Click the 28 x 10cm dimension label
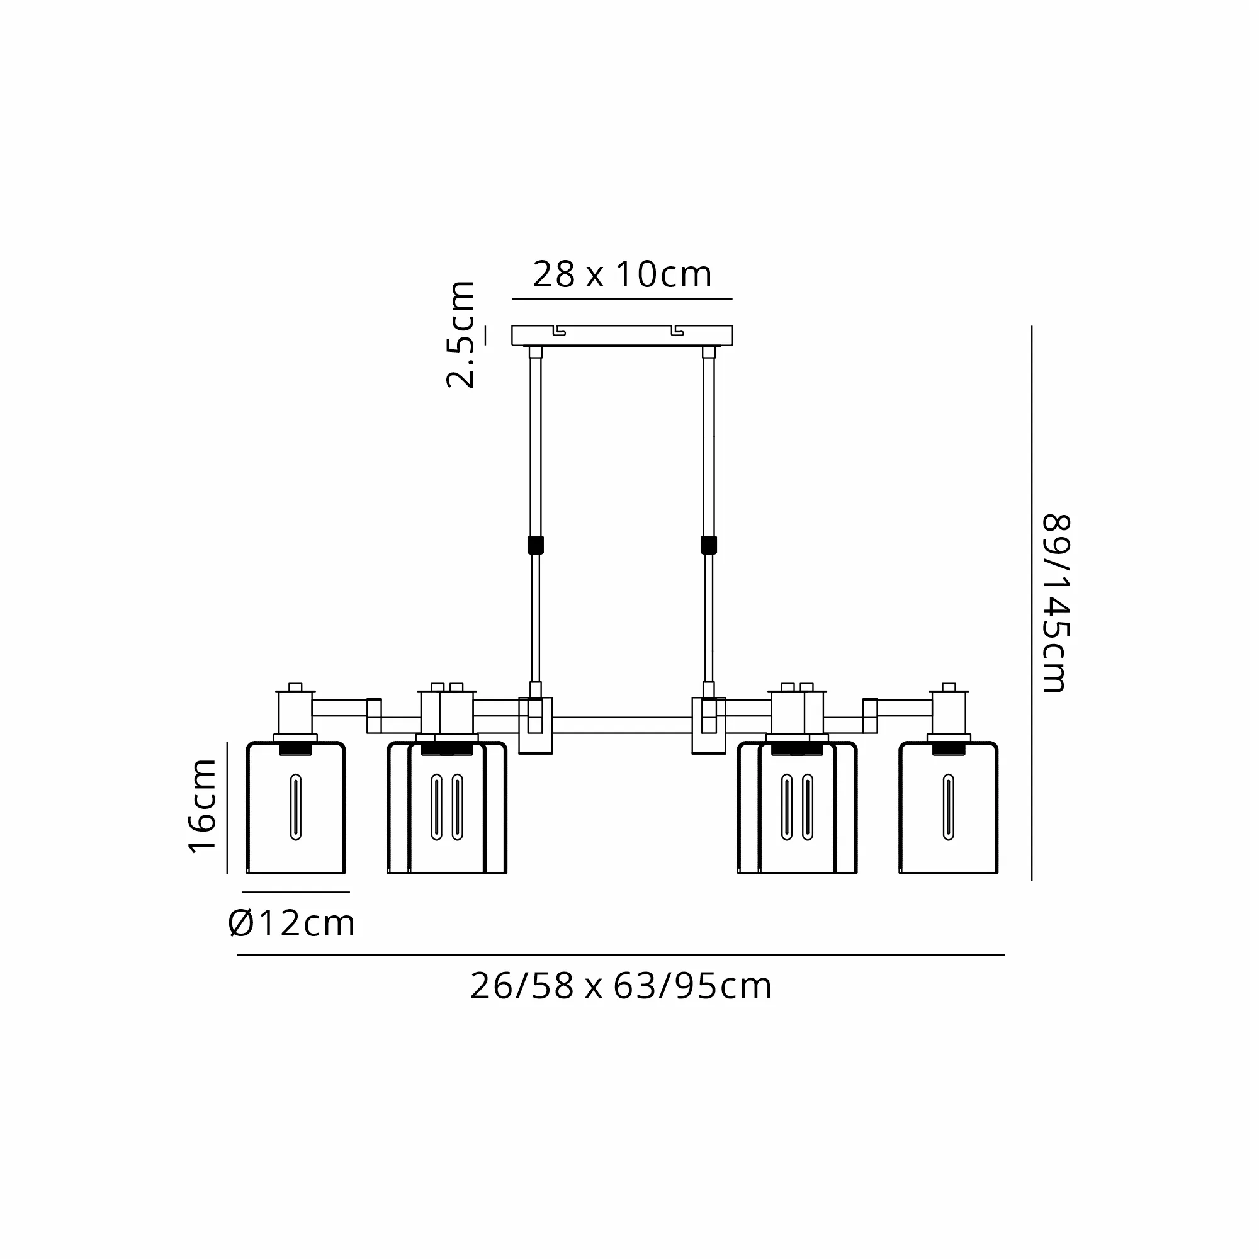(623, 274)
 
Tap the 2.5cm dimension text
(461, 335)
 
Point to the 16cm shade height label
(203, 806)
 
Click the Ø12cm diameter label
(291, 923)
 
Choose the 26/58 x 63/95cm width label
(621, 986)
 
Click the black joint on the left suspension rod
(535, 545)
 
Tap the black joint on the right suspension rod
(708, 545)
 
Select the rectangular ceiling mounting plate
(623, 335)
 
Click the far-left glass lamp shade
(296, 808)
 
